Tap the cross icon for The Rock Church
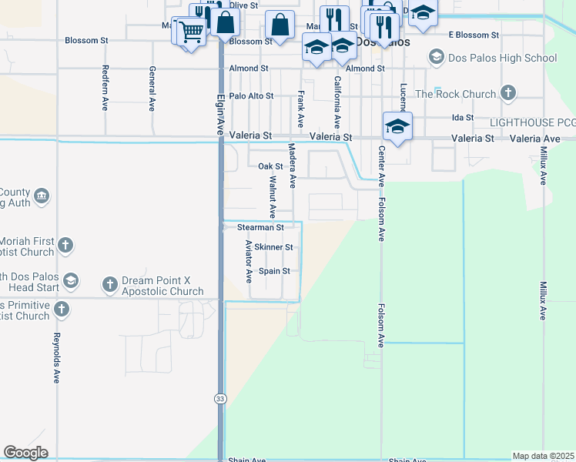click(507, 94)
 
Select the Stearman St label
click(260, 228)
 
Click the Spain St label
click(274, 271)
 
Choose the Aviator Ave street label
click(249, 260)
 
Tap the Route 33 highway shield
click(221, 398)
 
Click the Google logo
click(25, 453)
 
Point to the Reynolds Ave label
click(57, 359)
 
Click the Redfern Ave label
click(105, 88)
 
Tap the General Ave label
click(152, 88)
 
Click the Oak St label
click(270, 166)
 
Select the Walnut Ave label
click(273, 196)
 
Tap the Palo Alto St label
click(251, 96)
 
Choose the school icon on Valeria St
click(397, 126)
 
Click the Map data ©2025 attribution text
click(543, 456)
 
